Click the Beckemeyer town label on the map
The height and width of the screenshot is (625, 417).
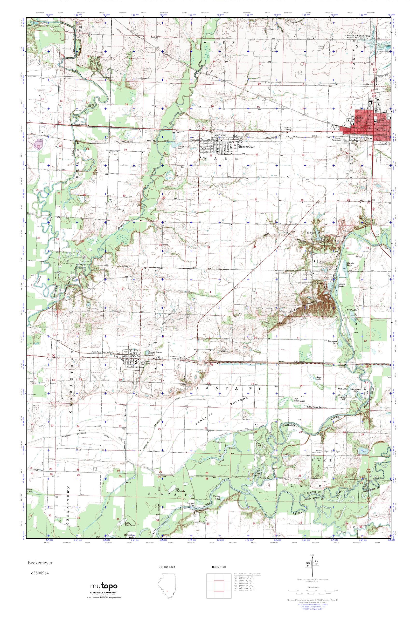point(245,147)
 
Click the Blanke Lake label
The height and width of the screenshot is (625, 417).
point(350,264)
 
